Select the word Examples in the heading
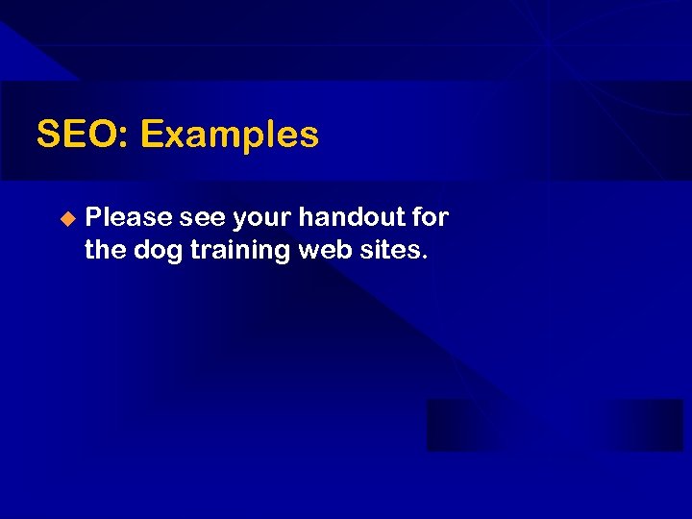(229, 136)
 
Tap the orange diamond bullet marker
(66, 218)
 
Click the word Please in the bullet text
(129, 218)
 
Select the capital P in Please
(93, 218)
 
